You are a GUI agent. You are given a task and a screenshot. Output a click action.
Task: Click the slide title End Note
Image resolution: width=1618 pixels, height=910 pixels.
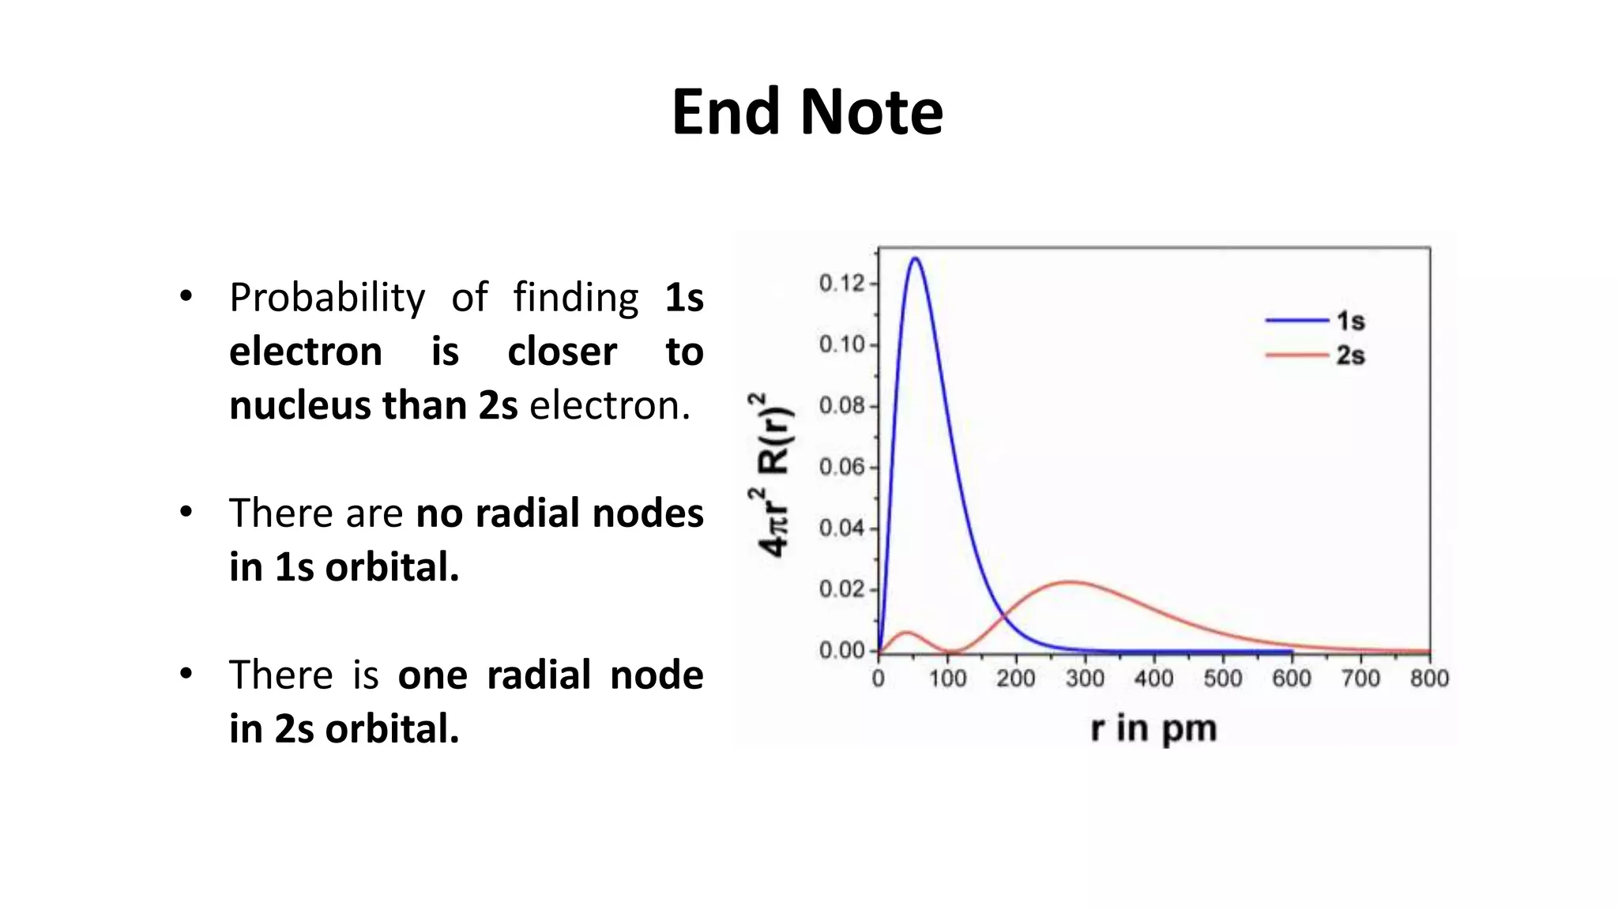[807, 112]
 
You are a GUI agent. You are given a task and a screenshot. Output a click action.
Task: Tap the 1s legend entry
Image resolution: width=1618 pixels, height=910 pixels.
[1350, 321]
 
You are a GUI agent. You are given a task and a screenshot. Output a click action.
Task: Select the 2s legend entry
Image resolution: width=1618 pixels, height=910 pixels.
[1350, 355]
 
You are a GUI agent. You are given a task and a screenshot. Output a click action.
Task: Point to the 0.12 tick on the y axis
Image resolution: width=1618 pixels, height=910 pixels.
[842, 283]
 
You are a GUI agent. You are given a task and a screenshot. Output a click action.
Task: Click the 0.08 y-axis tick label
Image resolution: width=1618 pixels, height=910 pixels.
[842, 406]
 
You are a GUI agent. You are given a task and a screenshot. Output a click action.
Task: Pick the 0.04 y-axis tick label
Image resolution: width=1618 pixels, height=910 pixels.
[842, 528]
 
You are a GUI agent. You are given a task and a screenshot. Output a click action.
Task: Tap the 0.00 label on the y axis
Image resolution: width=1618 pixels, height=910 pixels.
[842, 650]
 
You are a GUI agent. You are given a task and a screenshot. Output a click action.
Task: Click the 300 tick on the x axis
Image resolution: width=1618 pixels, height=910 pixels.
[1085, 678]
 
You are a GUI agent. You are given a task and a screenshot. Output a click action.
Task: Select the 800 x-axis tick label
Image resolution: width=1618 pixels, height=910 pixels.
[1429, 678]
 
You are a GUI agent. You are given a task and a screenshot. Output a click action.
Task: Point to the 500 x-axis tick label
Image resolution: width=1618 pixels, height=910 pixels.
[1223, 678]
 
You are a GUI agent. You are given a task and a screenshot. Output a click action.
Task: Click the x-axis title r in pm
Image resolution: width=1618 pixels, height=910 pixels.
[1153, 728]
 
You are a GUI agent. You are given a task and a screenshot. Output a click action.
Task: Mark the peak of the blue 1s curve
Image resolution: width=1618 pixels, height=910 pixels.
[916, 258]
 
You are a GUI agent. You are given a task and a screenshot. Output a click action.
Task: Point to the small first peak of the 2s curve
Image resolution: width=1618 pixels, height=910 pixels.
[907, 633]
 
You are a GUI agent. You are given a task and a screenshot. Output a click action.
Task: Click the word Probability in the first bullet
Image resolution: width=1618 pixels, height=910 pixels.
[327, 299]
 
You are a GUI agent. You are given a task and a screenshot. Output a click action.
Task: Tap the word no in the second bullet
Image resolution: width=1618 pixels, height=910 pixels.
[438, 513]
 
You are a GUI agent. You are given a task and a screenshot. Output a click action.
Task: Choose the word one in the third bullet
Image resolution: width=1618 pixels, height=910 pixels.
[432, 675]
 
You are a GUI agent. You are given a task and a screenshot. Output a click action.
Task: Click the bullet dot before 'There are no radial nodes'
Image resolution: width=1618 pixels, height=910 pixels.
[186, 512]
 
